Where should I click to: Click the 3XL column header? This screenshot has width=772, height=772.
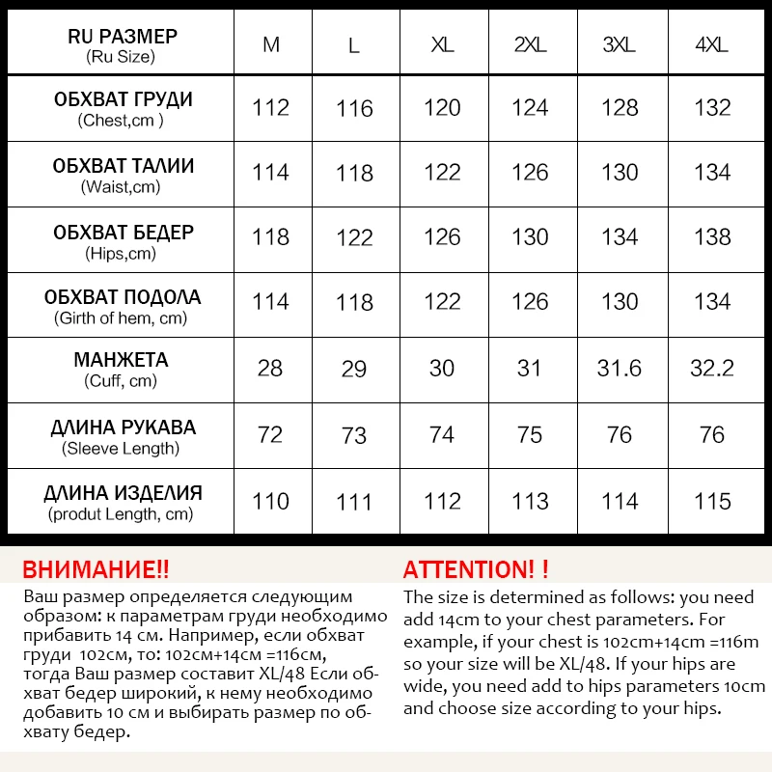point(620,45)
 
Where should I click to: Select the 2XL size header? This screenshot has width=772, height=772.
point(530,45)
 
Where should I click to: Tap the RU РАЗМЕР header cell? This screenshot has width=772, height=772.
point(123,45)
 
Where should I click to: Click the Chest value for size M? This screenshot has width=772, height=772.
point(270,107)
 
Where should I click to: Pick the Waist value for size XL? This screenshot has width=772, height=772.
point(442,172)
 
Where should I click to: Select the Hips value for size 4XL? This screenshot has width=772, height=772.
point(712,236)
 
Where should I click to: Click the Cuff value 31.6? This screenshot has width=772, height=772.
point(620,368)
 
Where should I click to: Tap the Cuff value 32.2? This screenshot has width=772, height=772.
point(712,368)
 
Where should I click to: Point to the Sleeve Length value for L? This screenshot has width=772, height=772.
point(354,435)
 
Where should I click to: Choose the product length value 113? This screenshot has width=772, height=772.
point(530,501)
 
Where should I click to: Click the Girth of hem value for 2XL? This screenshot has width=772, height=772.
point(530,302)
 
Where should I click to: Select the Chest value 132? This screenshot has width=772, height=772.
point(712,107)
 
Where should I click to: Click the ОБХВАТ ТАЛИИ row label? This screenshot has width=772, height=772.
point(123,166)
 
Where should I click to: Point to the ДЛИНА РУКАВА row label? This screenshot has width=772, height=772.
point(123,427)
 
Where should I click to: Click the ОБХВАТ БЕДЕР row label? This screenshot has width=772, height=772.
point(123,233)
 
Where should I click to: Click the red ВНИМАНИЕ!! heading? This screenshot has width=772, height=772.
point(96,568)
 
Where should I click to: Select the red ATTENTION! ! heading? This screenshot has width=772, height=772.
point(476,568)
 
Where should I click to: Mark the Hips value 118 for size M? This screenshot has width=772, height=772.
point(270,236)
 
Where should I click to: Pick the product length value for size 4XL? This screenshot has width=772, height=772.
point(712,501)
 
